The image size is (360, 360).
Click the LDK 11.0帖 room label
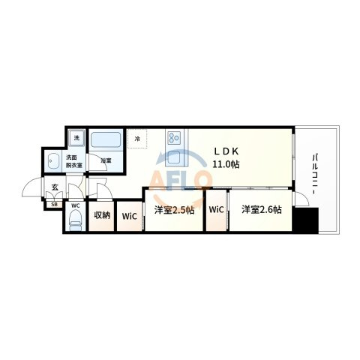pyautogui.click(x=226, y=157)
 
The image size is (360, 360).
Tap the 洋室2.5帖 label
pyautogui.click(x=174, y=210)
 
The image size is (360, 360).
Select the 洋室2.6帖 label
pyautogui.click(x=262, y=209)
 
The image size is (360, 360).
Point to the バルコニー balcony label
pyautogui.click(x=315, y=174)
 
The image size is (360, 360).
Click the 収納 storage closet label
pyautogui.click(x=102, y=215)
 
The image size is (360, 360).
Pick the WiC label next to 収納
pyautogui.click(x=130, y=216)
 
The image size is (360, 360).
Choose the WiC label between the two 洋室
pyautogui.click(x=216, y=209)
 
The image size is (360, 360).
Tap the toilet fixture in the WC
pyautogui.click(x=75, y=220)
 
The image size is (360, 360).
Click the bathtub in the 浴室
pyautogui.click(x=106, y=140)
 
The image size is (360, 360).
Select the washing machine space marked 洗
pyautogui.click(x=76, y=138)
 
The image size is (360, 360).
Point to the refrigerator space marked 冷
pyautogui.click(x=137, y=139)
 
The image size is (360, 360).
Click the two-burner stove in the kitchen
pyautogui.click(x=174, y=137)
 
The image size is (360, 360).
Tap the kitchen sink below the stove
pyautogui.click(x=174, y=157)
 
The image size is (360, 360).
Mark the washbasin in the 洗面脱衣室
pyautogui.click(x=53, y=160)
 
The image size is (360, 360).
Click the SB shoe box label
pyautogui.click(x=54, y=205)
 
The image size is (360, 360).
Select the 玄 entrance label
pyautogui.click(x=55, y=187)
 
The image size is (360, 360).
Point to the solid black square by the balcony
pyautogui.click(x=306, y=220)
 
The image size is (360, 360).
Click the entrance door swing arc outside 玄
pyautogui.click(x=28, y=183)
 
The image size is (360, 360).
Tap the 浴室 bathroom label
pyautogui.click(x=106, y=160)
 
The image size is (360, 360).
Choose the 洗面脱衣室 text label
pyautogui.click(x=74, y=161)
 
